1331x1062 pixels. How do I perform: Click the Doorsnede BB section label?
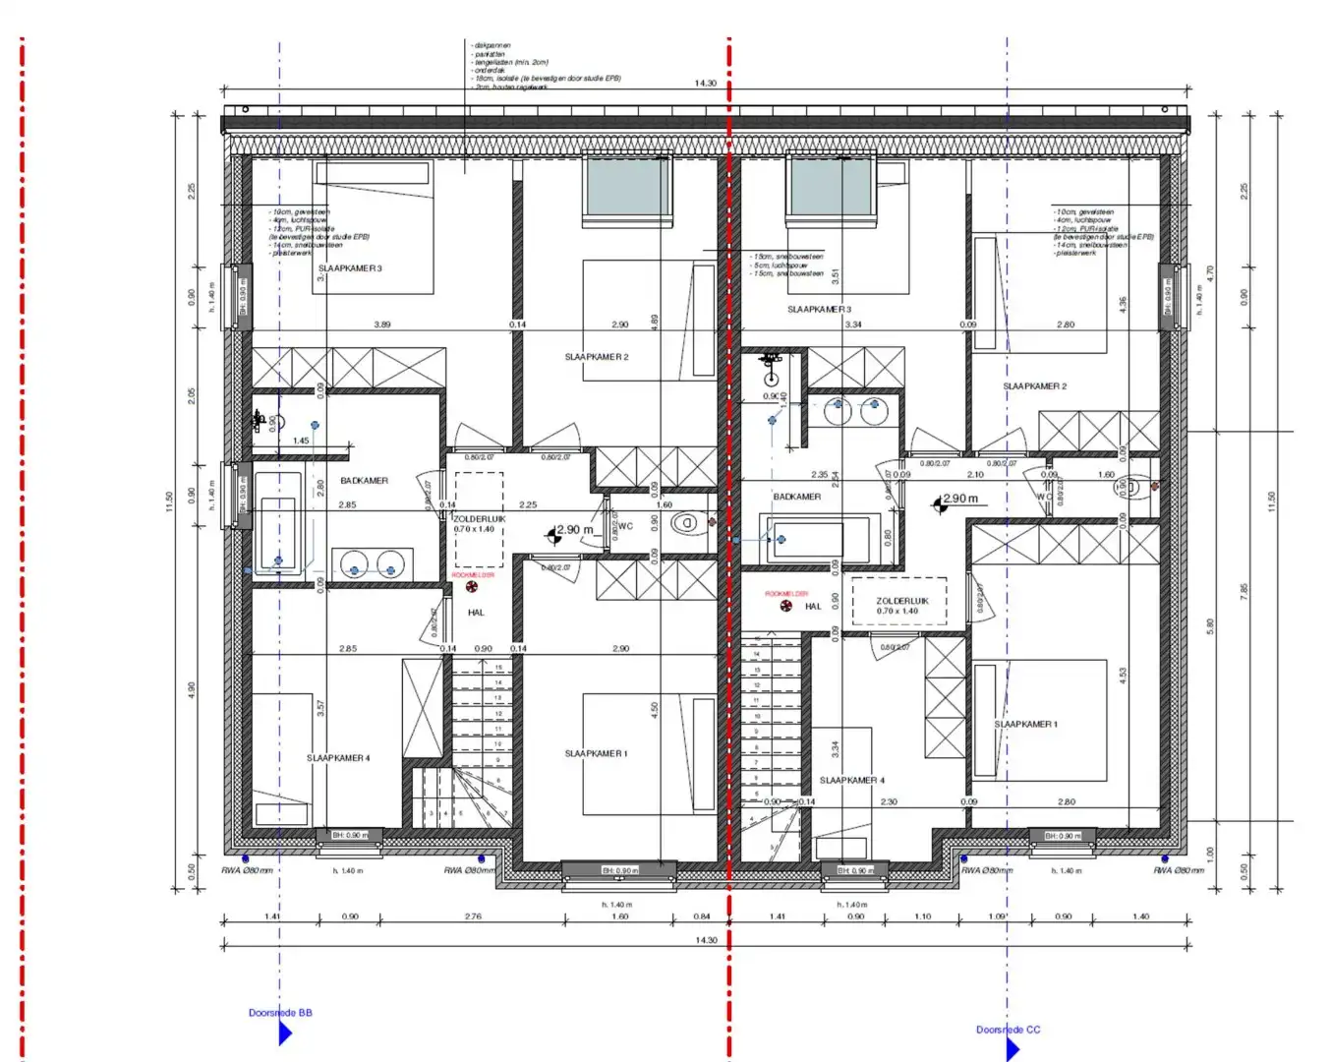tap(280, 1013)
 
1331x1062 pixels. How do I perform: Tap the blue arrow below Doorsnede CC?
tap(1012, 1049)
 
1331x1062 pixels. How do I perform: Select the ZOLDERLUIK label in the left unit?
tap(480, 518)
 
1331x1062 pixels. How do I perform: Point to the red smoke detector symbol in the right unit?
tap(786, 607)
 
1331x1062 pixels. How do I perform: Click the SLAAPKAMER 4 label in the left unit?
tap(338, 758)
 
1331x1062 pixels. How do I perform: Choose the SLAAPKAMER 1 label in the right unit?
tap(1025, 724)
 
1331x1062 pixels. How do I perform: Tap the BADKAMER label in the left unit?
tap(364, 481)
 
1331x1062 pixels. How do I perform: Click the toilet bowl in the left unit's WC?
tap(689, 523)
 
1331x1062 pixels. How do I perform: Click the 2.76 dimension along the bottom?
tap(473, 916)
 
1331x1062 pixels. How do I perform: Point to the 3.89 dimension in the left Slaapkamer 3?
tap(381, 324)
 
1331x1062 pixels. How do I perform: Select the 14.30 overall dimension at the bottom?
tap(706, 940)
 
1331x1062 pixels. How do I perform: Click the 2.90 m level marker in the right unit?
tap(959, 499)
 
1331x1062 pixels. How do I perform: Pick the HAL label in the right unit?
tap(813, 607)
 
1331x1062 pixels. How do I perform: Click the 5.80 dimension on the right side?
tap(1210, 625)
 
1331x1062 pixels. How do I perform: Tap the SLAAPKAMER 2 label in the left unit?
tap(596, 357)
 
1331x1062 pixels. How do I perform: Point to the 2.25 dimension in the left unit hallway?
tap(528, 505)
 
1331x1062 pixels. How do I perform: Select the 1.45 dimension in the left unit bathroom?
tap(301, 441)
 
